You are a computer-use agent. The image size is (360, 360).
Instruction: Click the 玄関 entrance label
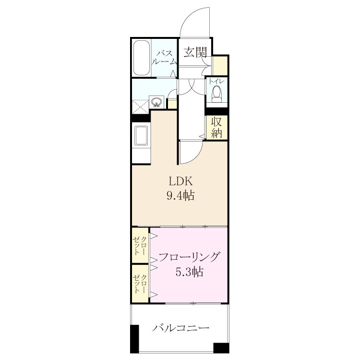tap(195, 52)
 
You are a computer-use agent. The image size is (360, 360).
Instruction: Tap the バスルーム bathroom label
tap(165, 58)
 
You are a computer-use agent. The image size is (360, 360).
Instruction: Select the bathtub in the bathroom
tap(141, 58)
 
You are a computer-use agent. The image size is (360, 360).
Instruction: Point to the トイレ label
tap(216, 81)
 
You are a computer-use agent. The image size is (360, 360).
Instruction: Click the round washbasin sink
tap(156, 101)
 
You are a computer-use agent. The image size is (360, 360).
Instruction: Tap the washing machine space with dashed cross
tap(140, 107)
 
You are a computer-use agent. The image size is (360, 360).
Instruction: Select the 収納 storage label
tap(216, 127)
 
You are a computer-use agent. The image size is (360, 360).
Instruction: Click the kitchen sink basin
tap(141, 135)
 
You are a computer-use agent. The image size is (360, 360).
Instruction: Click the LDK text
tap(180, 181)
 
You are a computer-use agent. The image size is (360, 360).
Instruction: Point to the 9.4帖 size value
tap(180, 196)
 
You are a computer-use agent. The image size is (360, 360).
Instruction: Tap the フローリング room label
tap(189, 257)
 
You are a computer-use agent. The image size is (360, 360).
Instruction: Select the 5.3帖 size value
tap(189, 272)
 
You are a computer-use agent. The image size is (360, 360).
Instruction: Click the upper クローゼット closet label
tap(139, 246)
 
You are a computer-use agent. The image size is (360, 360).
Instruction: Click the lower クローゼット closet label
tap(139, 284)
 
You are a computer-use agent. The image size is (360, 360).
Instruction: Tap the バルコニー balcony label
tap(181, 328)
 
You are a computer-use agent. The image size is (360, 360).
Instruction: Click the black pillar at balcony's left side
tap(134, 339)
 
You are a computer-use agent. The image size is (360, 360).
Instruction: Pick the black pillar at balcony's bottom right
tap(221, 348)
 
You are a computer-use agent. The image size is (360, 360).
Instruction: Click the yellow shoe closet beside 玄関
tap(220, 66)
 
